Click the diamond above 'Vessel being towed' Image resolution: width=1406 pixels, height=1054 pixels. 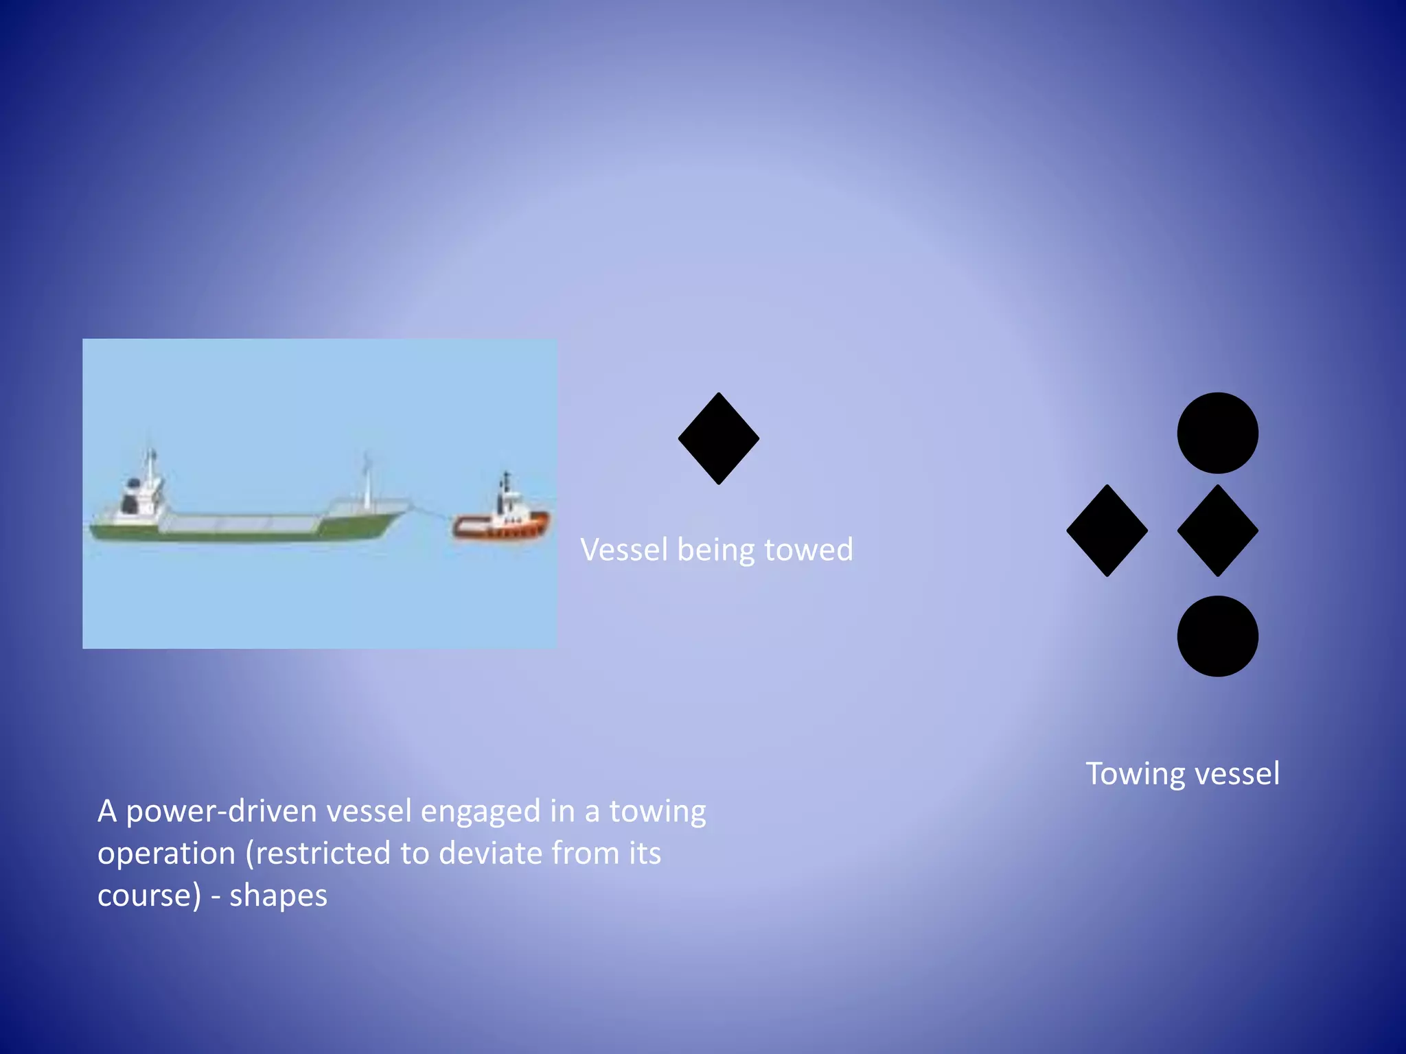coord(718,438)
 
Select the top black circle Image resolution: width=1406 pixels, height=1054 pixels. coord(1217,433)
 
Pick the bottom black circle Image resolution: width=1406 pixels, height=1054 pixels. coord(1217,636)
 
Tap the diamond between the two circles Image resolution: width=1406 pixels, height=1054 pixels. coord(1217,530)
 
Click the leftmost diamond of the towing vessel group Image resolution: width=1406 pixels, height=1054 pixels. coord(1107,530)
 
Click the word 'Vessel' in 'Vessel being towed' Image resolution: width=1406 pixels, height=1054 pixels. coord(623,550)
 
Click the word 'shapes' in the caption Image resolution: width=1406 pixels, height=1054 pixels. coord(278,896)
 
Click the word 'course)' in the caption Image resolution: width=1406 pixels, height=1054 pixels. coord(149,896)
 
